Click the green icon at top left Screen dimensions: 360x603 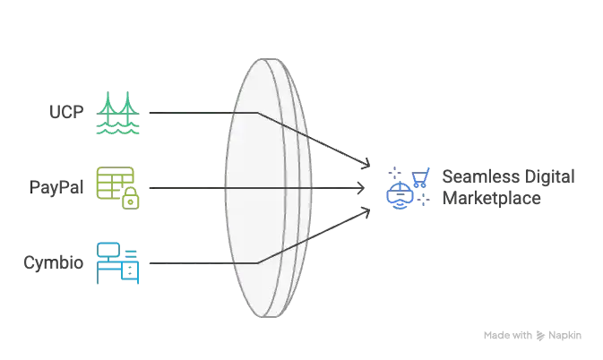coord(117,112)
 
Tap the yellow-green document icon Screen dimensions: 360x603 coord(117,187)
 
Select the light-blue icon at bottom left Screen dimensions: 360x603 coord(117,261)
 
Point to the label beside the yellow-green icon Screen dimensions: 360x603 coord(59,188)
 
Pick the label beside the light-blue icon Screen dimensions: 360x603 coord(56,262)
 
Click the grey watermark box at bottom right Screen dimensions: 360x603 coord(533,336)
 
